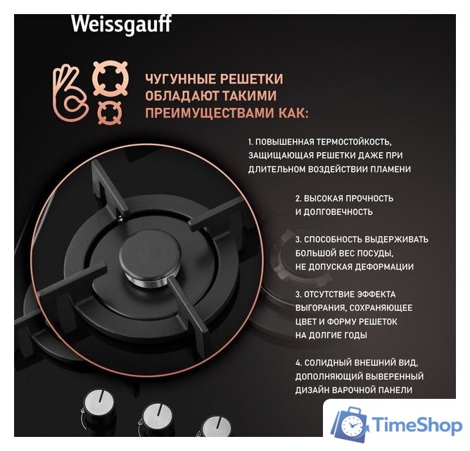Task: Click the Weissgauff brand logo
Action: [x=121, y=24]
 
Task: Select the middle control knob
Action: [x=156, y=419]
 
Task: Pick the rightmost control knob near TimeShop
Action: [x=214, y=429]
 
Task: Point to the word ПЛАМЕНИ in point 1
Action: [x=387, y=169]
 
